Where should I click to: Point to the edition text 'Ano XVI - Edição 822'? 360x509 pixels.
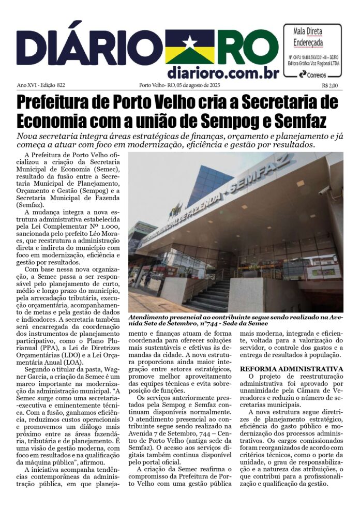[x=40, y=86]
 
